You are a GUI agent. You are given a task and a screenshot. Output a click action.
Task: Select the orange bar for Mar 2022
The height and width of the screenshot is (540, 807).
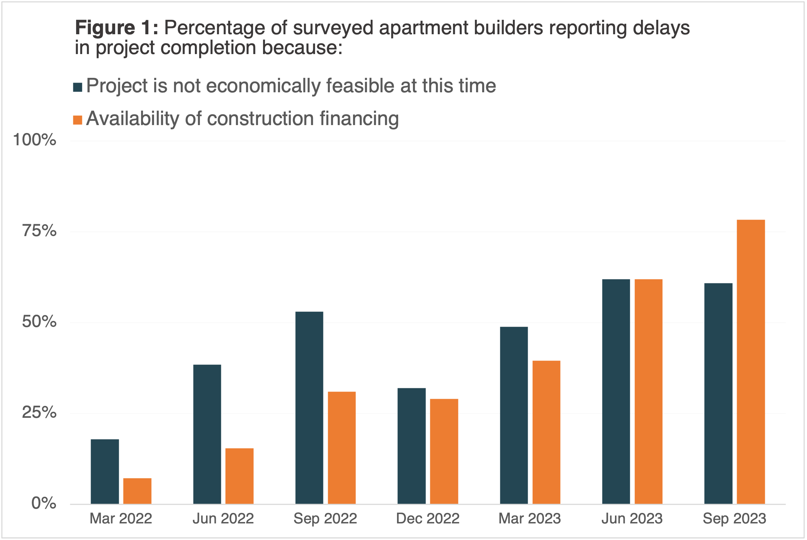(x=137, y=491)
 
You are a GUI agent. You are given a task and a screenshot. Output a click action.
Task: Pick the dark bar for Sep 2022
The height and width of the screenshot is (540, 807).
(x=309, y=408)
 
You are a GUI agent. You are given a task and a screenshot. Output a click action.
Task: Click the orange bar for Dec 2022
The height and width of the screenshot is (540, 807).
(x=444, y=451)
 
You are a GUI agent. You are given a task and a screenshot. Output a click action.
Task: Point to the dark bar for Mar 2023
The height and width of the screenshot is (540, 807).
(x=514, y=415)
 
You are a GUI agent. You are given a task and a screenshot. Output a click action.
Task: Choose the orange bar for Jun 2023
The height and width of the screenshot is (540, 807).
(x=649, y=391)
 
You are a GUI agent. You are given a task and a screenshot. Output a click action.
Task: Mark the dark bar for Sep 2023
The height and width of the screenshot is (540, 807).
(x=718, y=394)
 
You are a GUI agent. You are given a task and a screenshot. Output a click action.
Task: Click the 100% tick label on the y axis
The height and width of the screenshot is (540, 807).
(x=35, y=140)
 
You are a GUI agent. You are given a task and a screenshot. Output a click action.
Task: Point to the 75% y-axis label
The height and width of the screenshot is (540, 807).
(x=39, y=231)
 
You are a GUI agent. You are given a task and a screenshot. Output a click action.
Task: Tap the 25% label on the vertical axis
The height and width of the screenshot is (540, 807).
(x=39, y=412)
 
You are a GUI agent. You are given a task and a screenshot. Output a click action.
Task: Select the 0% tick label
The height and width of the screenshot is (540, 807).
(x=44, y=503)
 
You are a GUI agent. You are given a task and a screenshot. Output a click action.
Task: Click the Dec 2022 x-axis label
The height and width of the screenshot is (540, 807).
(x=428, y=519)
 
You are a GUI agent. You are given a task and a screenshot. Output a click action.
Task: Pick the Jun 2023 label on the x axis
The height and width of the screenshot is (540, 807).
(x=632, y=519)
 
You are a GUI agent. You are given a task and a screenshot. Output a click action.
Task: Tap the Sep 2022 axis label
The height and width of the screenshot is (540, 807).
(x=325, y=519)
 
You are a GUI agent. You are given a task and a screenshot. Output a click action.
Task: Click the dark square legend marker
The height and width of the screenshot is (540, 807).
(x=78, y=87)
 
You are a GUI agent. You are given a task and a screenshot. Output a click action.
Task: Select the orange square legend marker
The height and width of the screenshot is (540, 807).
(x=78, y=120)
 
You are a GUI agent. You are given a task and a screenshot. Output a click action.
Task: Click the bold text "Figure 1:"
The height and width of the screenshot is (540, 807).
(x=117, y=28)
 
